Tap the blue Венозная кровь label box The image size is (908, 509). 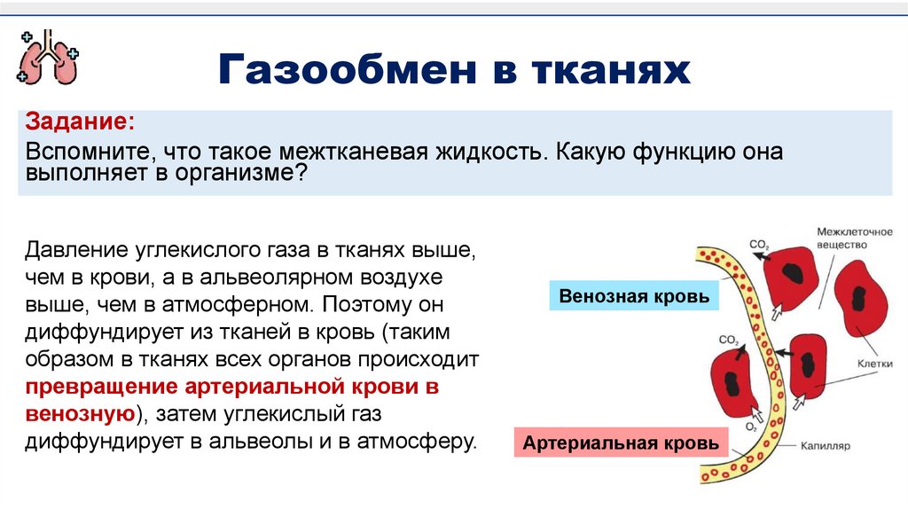click(x=634, y=296)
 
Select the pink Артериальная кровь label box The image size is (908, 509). click(x=621, y=442)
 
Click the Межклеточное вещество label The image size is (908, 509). click(x=854, y=238)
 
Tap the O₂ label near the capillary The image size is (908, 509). click(x=750, y=427)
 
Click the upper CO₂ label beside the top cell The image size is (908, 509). click(x=758, y=243)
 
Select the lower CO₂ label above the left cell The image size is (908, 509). click(x=729, y=339)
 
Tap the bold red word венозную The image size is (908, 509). click(x=80, y=414)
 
